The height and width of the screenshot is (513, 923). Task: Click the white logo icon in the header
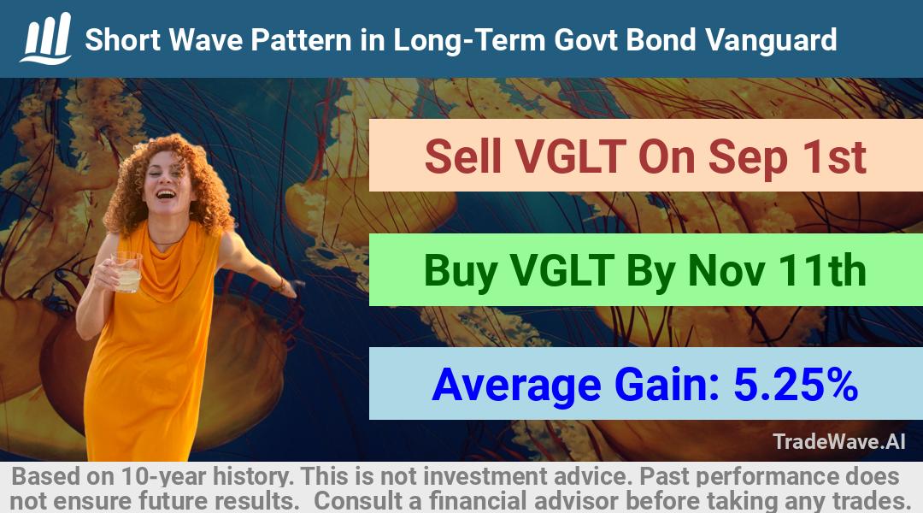[x=46, y=38]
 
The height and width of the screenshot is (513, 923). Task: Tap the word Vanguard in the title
[x=771, y=41]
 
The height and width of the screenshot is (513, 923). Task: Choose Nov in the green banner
[x=727, y=271]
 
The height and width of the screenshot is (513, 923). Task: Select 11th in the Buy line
[x=822, y=270]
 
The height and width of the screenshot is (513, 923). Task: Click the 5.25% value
[x=796, y=385]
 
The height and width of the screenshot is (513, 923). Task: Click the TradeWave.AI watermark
[x=839, y=441]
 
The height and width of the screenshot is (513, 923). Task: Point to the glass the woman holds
[x=127, y=272]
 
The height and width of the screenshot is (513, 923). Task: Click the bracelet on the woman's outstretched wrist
[x=280, y=285]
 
